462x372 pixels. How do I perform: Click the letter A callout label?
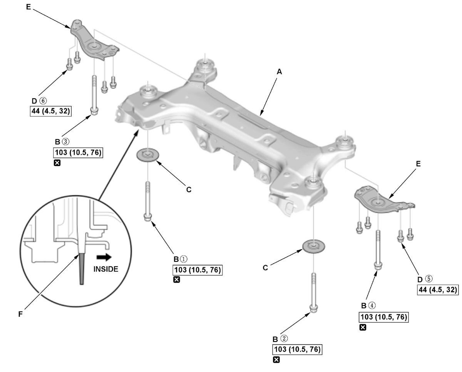coord(279,72)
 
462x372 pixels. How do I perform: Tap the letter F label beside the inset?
coord(20,315)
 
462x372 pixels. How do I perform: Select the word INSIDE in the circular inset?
coord(105,269)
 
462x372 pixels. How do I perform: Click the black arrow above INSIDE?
coord(104,257)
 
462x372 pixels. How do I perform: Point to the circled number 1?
coord(184,259)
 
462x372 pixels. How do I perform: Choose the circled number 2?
coord(284,339)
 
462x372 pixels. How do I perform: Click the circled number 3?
coord(65,142)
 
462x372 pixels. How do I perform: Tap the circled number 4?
coord(372,305)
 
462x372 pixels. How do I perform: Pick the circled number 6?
coord(43,101)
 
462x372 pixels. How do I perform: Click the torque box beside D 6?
coord(51,111)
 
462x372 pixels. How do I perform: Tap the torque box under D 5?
coord(438,290)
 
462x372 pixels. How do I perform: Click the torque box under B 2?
coord(297,349)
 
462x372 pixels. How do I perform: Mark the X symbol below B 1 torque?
coord(176,280)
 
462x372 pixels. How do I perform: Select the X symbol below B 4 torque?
coord(363,327)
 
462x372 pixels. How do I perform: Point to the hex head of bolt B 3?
coord(94,111)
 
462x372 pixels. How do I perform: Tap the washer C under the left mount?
coord(148,155)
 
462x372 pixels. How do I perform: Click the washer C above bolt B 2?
coord(313,246)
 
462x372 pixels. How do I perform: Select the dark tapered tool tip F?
coord(82,269)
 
